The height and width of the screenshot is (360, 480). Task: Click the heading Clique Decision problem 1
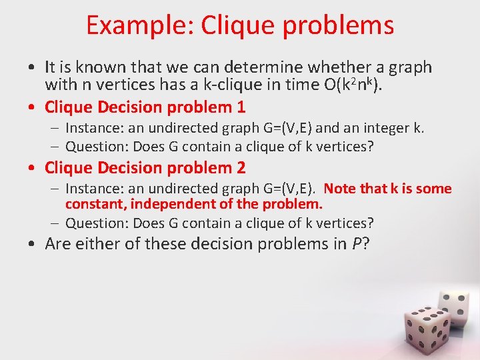(145, 107)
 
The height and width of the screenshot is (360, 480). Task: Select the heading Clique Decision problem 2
(145, 167)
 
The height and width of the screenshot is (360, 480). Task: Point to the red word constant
(91, 204)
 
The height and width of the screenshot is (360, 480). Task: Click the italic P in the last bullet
(356, 245)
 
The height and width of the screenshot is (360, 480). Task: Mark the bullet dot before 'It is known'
(32, 68)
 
